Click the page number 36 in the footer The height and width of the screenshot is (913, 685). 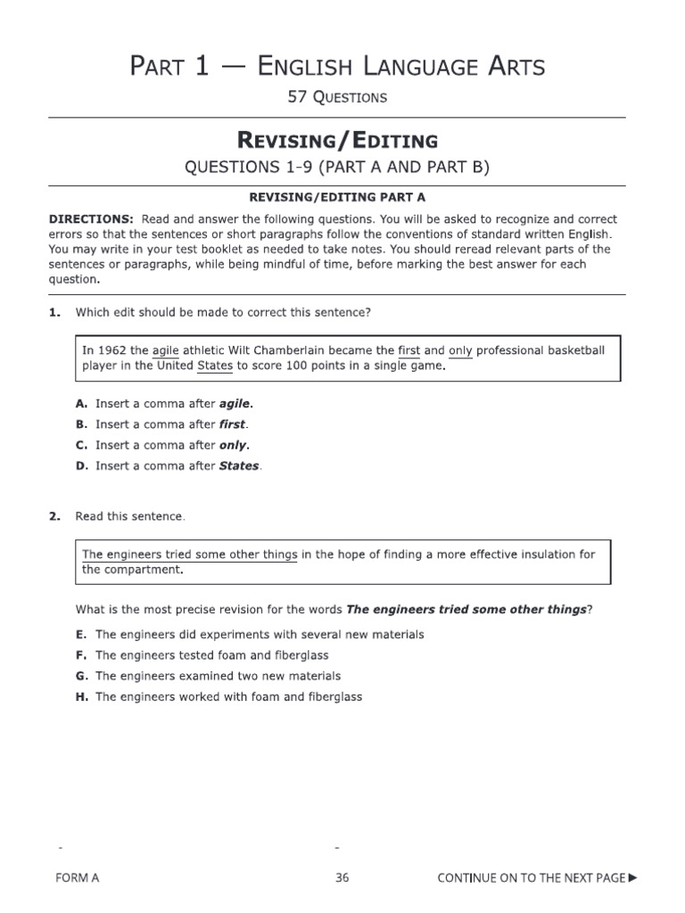pos(342,878)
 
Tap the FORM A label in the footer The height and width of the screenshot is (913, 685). pos(77,878)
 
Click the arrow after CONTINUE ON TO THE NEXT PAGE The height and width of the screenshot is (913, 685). pos(633,878)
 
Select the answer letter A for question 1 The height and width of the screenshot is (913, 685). pos(79,404)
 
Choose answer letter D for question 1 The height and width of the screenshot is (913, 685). pos(79,465)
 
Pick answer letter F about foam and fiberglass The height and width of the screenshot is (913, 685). pos(80,655)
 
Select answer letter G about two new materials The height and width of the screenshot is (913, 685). pos(80,676)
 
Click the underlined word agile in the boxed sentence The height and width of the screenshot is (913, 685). pos(167,350)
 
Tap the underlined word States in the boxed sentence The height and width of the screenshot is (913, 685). pos(214,366)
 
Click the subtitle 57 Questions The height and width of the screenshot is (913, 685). pos(337,97)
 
